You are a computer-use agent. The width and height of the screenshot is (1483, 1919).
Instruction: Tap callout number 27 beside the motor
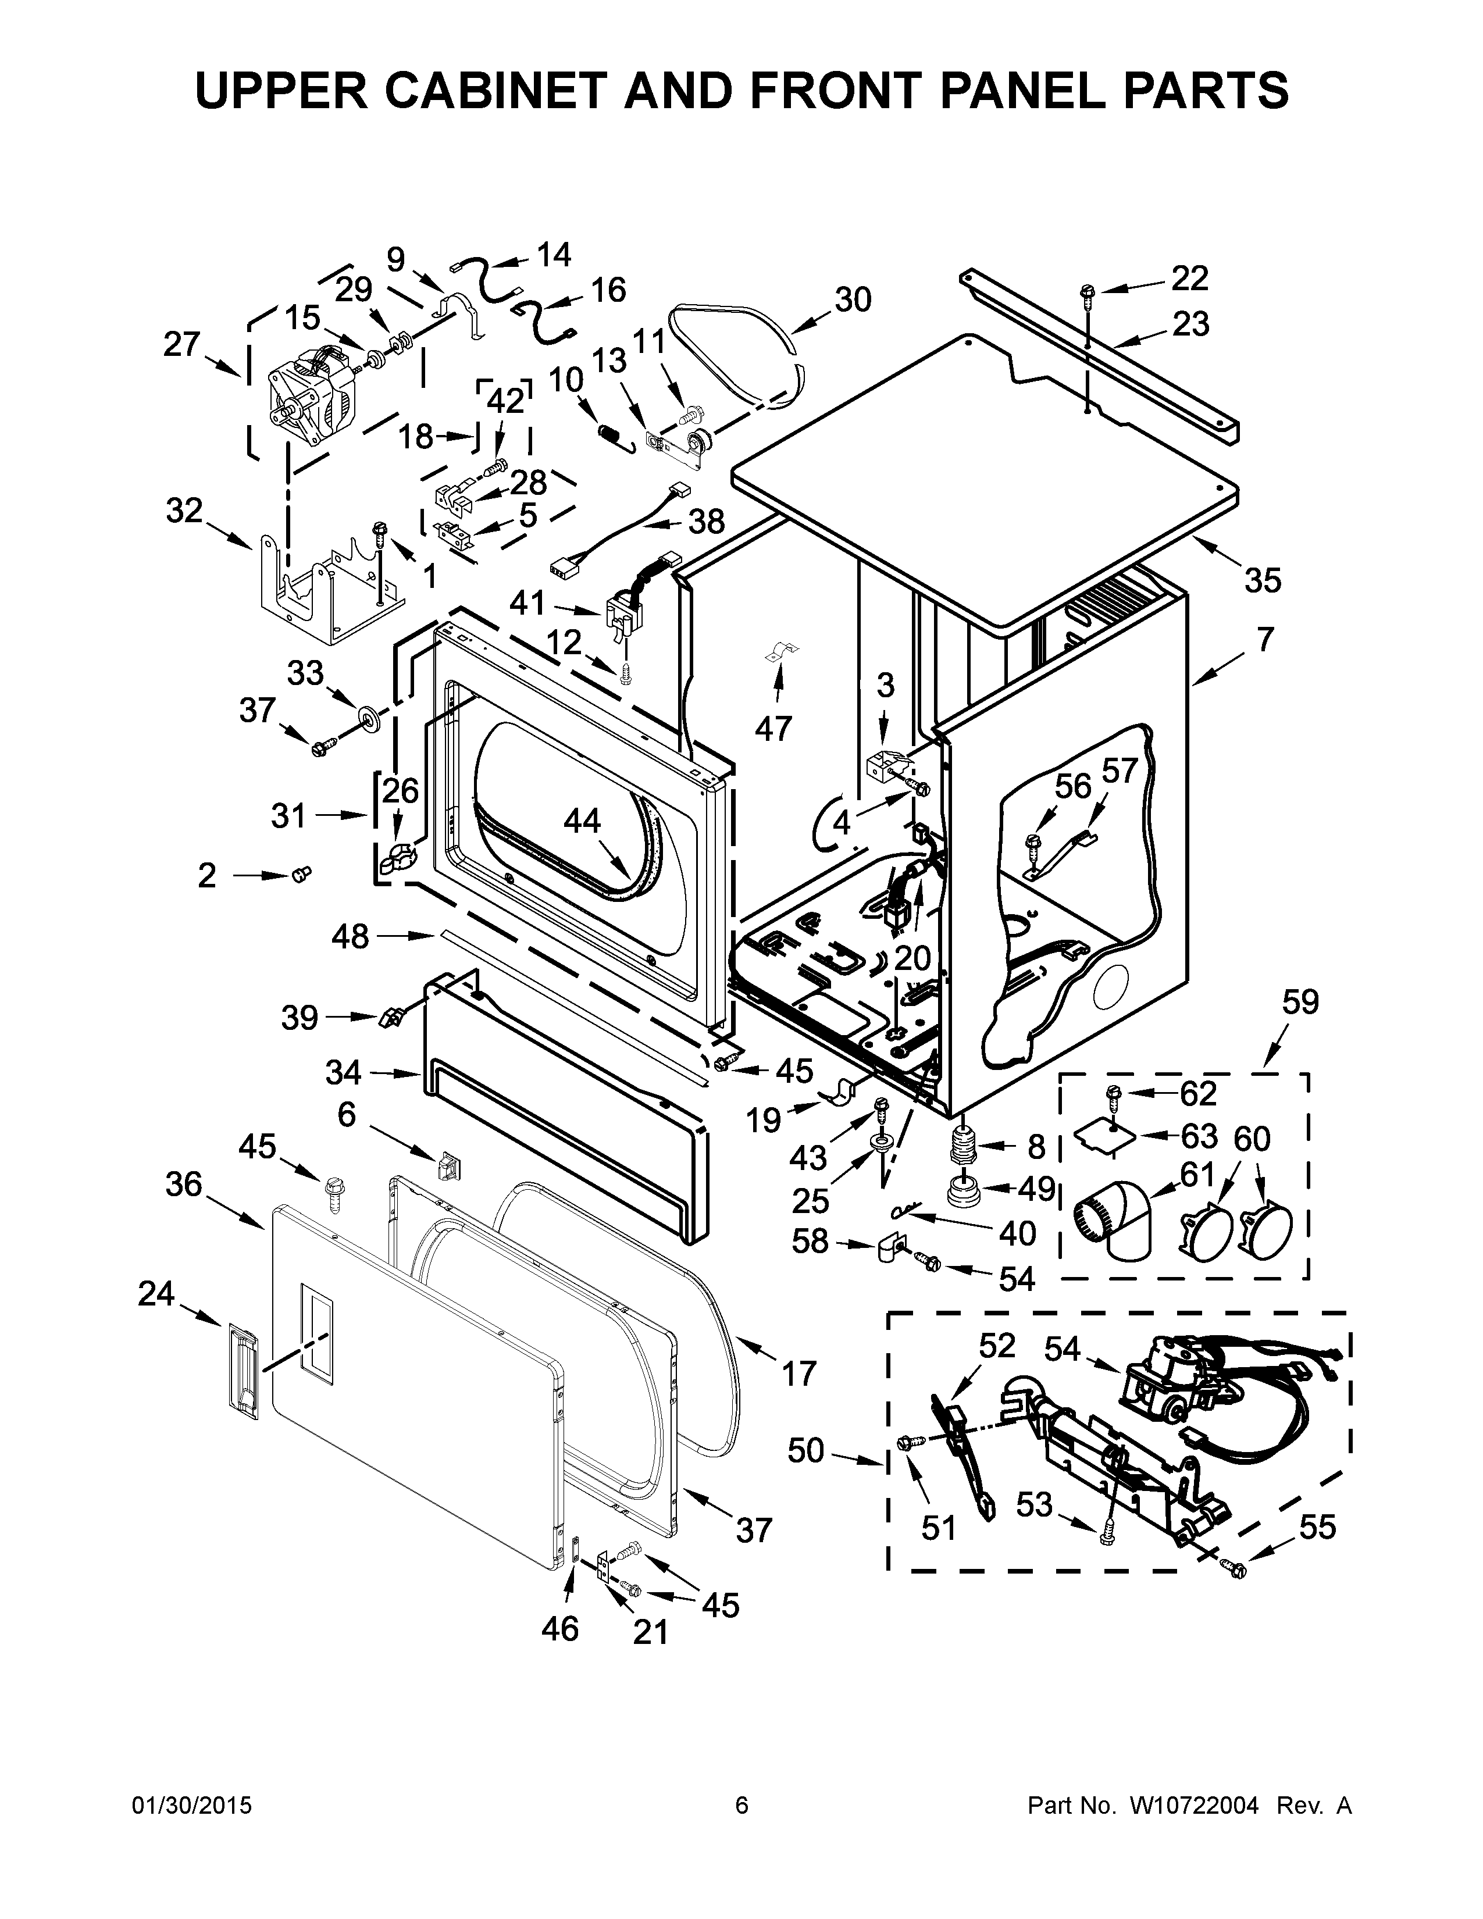click(x=182, y=344)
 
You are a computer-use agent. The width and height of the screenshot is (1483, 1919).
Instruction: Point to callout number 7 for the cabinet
click(x=1263, y=640)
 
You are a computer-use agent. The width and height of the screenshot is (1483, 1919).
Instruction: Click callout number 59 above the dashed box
click(x=1300, y=1002)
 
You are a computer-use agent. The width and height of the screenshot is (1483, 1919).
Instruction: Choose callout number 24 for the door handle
click(x=156, y=1294)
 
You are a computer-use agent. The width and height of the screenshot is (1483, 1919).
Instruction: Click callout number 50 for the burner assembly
click(x=805, y=1451)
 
